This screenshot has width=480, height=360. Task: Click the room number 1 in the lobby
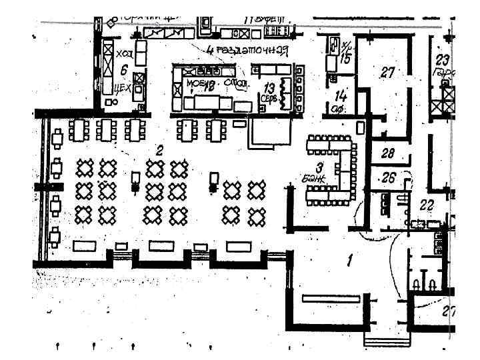[349, 260]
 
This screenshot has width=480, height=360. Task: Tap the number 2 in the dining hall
[159, 151]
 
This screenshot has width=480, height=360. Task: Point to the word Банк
[313, 179]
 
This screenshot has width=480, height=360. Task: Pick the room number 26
[389, 178]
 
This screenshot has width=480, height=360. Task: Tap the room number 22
[425, 205]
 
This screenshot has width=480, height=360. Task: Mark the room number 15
[344, 59]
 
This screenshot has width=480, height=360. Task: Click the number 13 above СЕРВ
[269, 87]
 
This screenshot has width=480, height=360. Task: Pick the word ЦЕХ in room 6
[122, 87]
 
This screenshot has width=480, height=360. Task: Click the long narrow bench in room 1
[331, 298]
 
